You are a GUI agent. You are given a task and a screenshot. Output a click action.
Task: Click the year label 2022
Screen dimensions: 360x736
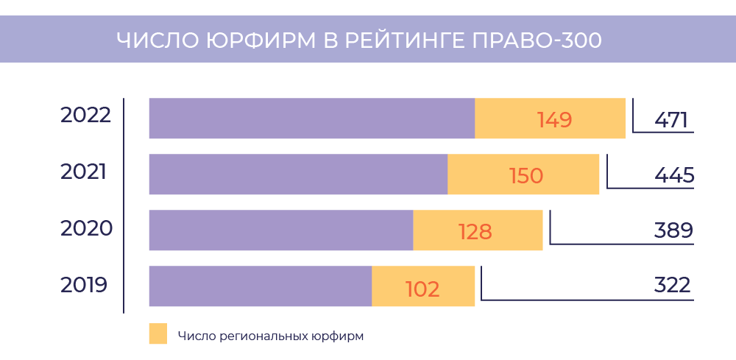pos(85,116)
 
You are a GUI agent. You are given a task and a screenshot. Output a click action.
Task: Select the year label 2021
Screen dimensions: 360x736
pos(84,172)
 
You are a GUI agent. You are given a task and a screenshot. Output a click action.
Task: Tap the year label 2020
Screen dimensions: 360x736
pos(86,228)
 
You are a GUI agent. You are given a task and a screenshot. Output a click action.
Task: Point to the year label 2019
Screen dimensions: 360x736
pos(84,285)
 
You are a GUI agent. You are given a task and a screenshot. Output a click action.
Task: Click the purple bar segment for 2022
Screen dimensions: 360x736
pos(311,118)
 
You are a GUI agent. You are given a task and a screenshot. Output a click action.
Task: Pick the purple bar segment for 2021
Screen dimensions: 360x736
pos(298,174)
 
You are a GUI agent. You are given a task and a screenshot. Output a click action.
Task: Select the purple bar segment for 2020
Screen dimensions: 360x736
pos(280,230)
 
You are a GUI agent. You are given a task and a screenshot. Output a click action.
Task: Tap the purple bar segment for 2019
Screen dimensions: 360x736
pos(260,286)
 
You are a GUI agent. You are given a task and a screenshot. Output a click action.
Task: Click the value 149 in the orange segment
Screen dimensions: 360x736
pos(554,120)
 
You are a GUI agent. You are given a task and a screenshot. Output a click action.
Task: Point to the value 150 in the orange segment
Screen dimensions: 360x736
pos(526,176)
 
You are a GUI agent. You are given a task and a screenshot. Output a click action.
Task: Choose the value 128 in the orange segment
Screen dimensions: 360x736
pos(475,232)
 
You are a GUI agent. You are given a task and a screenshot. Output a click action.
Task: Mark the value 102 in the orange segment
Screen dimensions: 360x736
pos(422,289)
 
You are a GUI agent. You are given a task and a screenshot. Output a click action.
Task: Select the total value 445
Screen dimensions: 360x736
pos(673,176)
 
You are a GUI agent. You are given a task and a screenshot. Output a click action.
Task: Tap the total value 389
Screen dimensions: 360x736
pos(673,231)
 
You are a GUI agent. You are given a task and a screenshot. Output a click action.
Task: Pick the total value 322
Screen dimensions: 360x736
pos(672,286)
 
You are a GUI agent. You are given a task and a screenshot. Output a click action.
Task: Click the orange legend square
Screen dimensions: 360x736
pos(158,333)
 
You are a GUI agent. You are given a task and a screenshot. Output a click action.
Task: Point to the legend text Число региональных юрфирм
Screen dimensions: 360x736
pos(271,336)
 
